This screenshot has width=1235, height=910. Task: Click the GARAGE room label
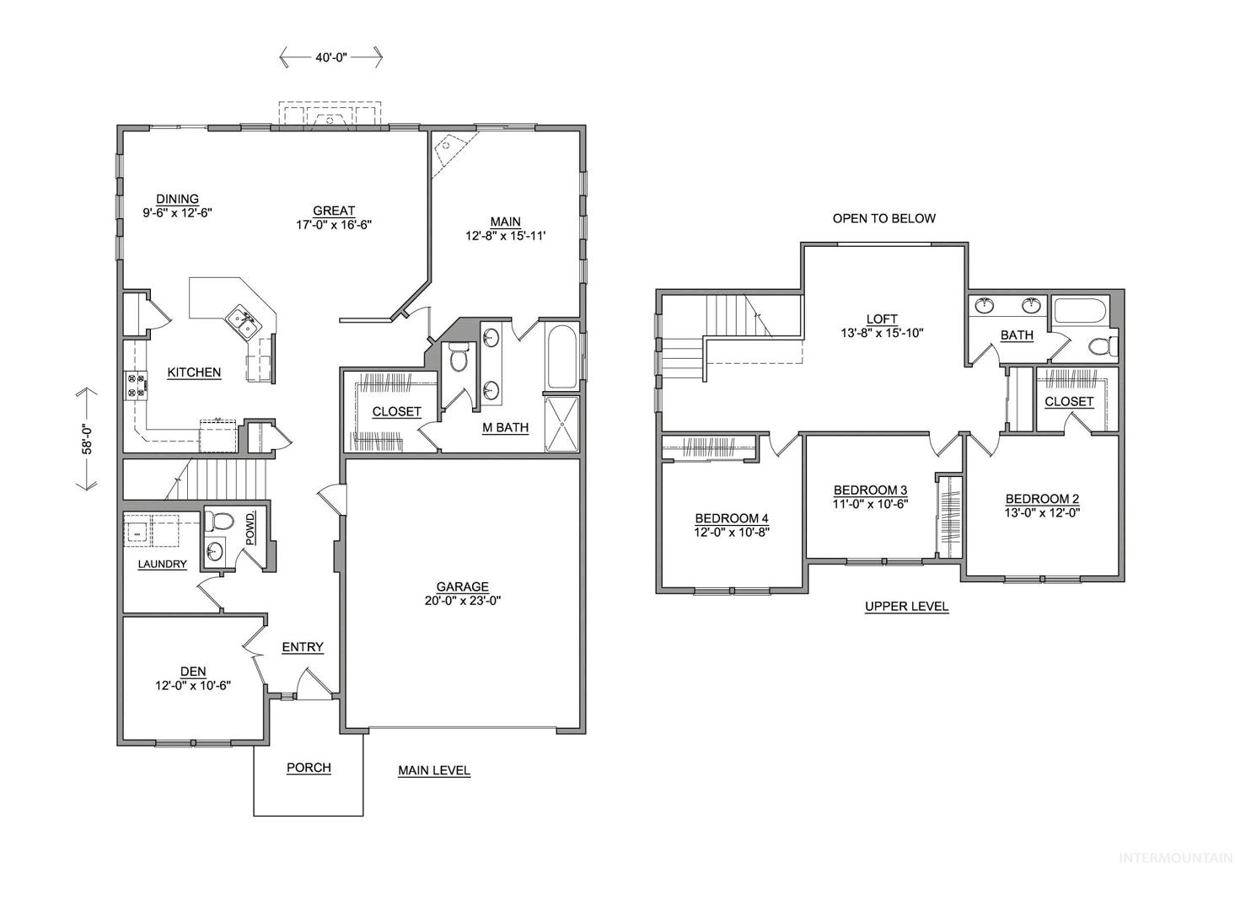click(462, 586)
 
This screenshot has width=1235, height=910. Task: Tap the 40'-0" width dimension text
click(331, 57)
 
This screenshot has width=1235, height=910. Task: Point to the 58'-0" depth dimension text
click(88, 439)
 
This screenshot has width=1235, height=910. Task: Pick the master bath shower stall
click(561, 424)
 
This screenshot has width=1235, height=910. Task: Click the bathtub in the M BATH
click(561, 356)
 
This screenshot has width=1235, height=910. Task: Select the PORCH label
click(309, 768)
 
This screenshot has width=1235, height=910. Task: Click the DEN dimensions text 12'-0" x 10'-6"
click(193, 686)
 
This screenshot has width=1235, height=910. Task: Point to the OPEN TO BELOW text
click(883, 218)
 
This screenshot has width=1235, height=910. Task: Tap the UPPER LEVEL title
click(906, 607)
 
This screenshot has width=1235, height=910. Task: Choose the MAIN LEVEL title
click(434, 770)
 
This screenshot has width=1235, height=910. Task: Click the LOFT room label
click(882, 319)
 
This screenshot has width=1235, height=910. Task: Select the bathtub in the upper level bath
click(1080, 310)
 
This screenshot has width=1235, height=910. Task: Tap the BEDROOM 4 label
click(732, 518)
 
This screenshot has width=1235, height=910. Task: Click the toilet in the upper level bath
click(1103, 346)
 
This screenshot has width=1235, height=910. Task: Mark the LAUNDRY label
click(162, 564)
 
